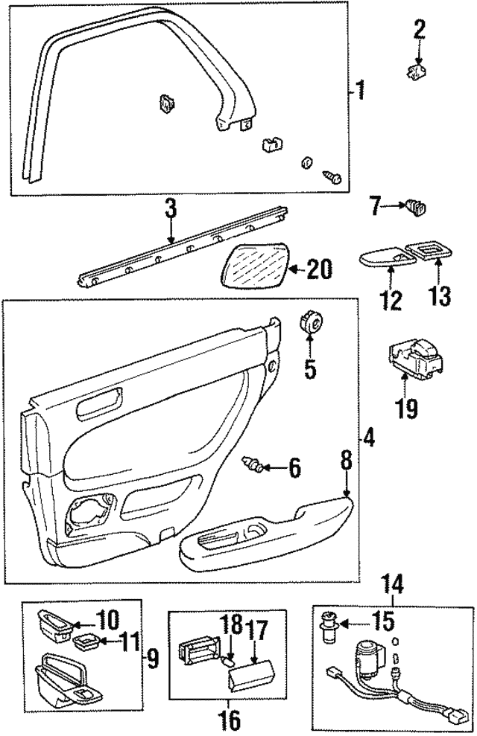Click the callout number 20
[x=318, y=269]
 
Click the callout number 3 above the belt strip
[x=171, y=209]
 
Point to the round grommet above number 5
[x=310, y=325]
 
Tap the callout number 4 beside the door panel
[x=369, y=438]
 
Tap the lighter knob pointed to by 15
[x=328, y=624]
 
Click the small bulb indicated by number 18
[x=231, y=659]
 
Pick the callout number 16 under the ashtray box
[x=230, y=720]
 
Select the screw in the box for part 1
[x=332, y=176]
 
